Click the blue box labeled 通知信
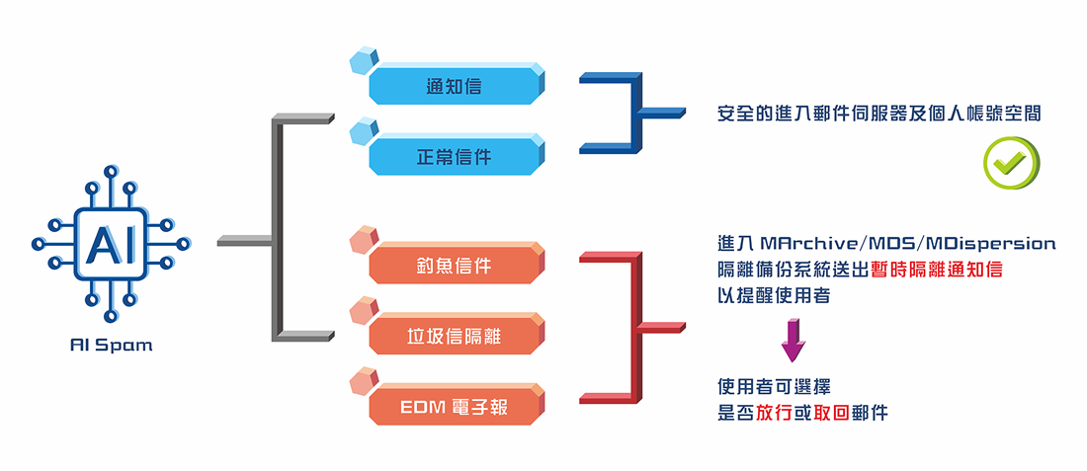coord(456,86)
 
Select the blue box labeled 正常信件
coord(456,156)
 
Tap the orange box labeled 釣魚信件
coord(456,267)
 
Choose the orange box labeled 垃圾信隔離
coord(456,337)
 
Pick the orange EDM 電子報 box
coord(456,406)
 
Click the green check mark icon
coord(1011,162)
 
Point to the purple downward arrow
coord(794,341)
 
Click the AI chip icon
coord(111,243)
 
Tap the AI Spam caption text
coord(111,346)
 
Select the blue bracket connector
coord(632,112)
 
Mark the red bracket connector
coord(632,325)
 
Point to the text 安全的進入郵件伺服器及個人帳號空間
coord(878,115)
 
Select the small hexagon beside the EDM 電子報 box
coord(364,380)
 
